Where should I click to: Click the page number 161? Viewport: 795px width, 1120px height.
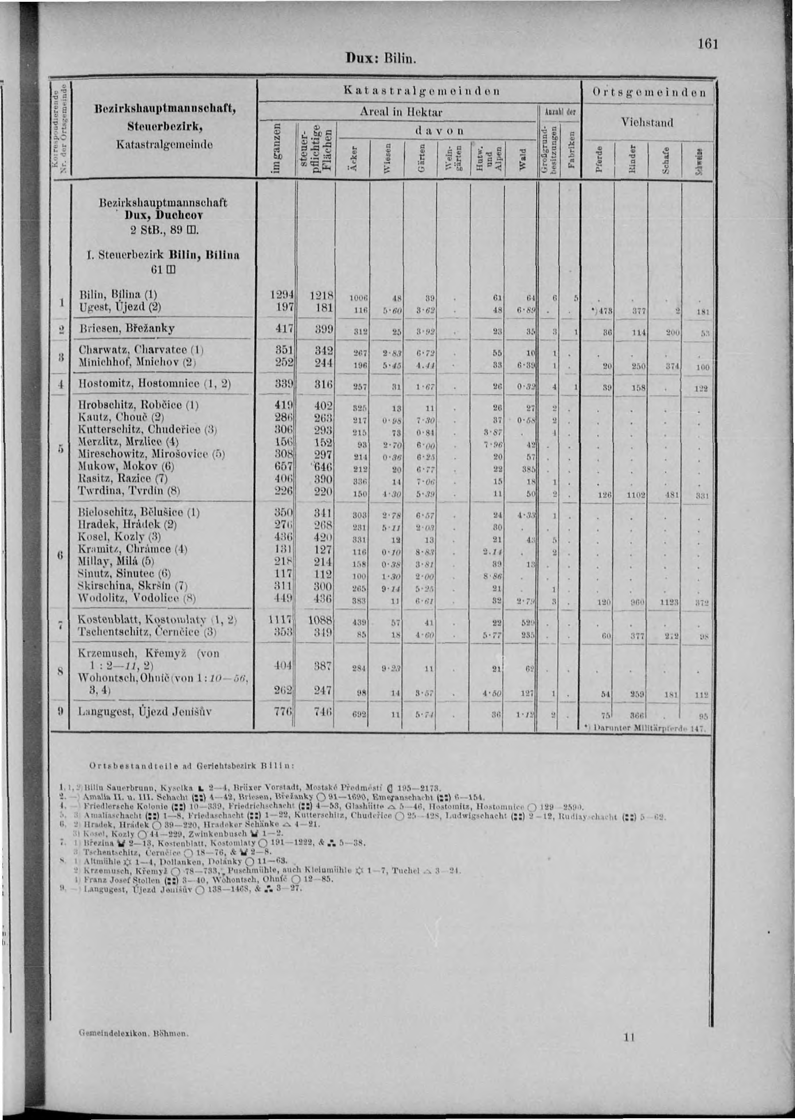(x=708, y=44)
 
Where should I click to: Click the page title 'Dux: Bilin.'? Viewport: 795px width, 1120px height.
(x=381, y=60)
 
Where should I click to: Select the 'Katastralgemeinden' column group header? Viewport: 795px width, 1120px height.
(x=421, y=90)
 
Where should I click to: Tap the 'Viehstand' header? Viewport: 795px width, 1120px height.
(x=646, y=122)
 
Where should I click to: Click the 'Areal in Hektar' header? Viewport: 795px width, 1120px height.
(x=401, y=112)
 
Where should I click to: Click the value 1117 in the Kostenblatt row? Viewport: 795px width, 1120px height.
(x=281, y=620)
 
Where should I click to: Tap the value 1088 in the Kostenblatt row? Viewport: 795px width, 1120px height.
(x=321, y=620)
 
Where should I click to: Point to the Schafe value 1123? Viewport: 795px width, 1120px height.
(x=668, y=602)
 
